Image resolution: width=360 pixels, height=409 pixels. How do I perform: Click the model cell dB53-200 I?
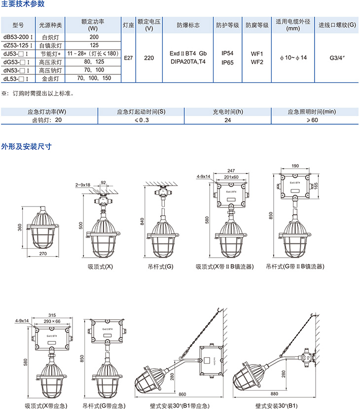coord(18,37)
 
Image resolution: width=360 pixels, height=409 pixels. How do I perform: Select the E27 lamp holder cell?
coord(128,58)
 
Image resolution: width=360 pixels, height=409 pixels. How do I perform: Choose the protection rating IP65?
coord(227,63)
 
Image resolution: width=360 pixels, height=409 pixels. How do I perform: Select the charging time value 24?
coord(228,120)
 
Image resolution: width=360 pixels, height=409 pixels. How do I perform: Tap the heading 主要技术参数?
coord(23,4)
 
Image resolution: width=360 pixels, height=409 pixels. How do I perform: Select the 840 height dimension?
coord(143,223)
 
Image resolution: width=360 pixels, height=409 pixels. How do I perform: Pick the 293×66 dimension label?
coord(51,321)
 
